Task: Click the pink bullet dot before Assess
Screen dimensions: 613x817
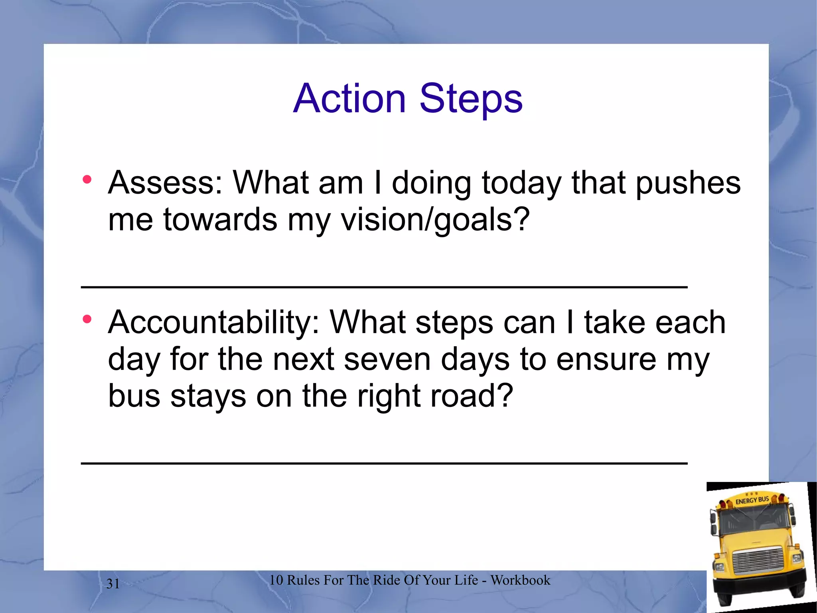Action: point(87,180)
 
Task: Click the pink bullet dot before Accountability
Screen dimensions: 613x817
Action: point(87,319)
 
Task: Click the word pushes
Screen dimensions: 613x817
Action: point(688,183)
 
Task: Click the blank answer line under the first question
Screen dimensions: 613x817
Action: point(384,287)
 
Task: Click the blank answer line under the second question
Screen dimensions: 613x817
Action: point(384,463)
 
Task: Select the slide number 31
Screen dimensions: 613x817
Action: point(113,584)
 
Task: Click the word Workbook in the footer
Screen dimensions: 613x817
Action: point(520,580)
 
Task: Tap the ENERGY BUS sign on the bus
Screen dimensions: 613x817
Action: point(752,500)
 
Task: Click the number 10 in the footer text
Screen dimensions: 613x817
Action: point(276,580)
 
